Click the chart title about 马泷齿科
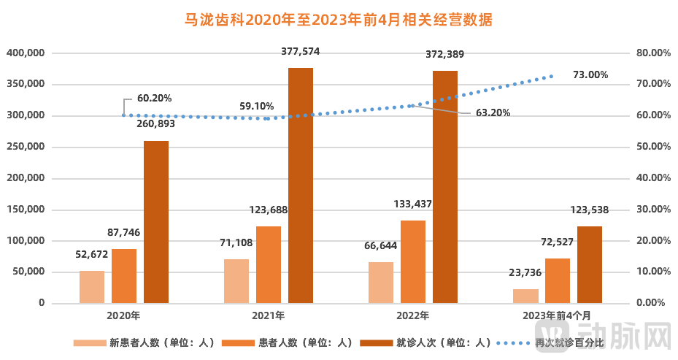[338, 20]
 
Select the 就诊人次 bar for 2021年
[301, 185]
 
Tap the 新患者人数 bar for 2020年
[92, 287]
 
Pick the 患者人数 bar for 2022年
[413, 261]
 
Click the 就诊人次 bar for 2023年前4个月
[590, 264]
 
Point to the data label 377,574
[301, 52]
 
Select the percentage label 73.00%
[590, 74]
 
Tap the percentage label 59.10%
[257, 105]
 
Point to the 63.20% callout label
[493, 113]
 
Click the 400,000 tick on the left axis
[26, 53]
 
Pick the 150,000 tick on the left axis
[26, 210]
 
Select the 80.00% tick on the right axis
[653, 53]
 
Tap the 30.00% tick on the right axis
[653, 210]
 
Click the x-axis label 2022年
[413, 316]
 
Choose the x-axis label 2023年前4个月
[558, 316]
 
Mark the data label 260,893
[156, 124]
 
